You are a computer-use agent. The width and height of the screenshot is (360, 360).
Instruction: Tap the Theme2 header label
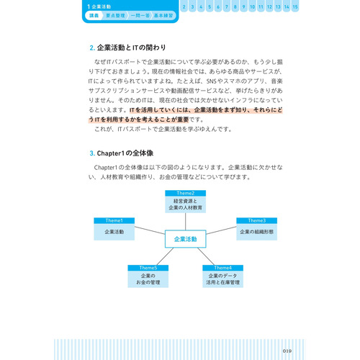[x=186, y=193]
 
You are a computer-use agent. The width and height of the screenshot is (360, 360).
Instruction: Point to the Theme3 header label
[x=257, y=220]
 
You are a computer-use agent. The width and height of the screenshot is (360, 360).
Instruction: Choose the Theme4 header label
[x=220, y=268]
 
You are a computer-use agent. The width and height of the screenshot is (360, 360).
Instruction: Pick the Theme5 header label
[x=148, y=268]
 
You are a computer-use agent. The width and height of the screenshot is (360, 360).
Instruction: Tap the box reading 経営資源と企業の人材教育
[x=186, y=204]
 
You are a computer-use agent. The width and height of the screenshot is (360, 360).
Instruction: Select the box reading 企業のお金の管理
[x=148, y=279]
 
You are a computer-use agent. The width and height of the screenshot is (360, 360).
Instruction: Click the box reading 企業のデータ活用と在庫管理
[x=220, y=279]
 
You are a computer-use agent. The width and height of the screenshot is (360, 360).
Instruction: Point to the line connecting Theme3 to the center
[x=221, y=234]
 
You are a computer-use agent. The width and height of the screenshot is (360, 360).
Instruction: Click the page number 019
[x=287, y=330]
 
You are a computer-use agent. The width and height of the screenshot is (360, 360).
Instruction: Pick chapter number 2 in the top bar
[x=184, y=6]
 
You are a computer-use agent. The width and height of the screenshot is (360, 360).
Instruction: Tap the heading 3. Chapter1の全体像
[x=126, y=153]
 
